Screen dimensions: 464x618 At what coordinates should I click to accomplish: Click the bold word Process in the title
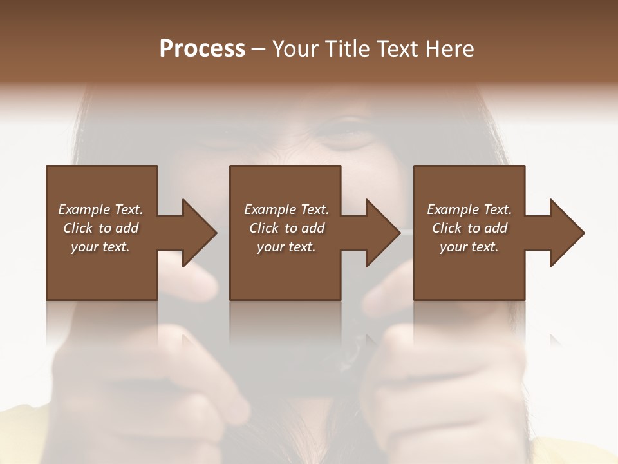202,49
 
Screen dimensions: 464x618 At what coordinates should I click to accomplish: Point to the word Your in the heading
297,49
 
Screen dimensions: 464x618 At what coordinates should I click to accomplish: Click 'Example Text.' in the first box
100,209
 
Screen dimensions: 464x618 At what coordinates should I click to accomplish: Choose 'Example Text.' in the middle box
286,209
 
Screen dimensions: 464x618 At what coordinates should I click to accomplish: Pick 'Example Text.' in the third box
469,209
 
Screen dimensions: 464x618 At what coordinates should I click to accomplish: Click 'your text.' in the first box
100,247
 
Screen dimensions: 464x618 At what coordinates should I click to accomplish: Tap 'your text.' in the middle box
286,247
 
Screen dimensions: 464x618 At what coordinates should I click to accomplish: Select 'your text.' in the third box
469,247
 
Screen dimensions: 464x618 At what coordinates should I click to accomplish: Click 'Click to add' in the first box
100,228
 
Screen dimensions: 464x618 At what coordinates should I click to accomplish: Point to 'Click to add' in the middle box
286,228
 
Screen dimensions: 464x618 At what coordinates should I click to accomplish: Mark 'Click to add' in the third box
469,228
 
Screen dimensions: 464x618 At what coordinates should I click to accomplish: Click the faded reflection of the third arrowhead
555,339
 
